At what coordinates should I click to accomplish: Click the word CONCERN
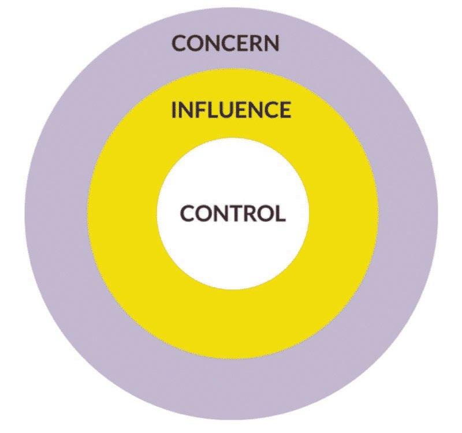point(226,43)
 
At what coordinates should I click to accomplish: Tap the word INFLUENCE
point(231,110)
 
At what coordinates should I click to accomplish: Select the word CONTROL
point(233,213)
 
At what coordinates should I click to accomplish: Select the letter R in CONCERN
point(257,43)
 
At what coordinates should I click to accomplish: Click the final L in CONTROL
point(280,213)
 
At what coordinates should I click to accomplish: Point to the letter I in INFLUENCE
point(175,110)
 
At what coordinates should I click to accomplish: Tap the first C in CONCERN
point(180,43)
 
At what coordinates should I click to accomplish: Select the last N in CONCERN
point(272,43)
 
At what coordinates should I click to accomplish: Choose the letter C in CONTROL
point(188,213)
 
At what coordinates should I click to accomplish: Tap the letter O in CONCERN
point(195,43)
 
